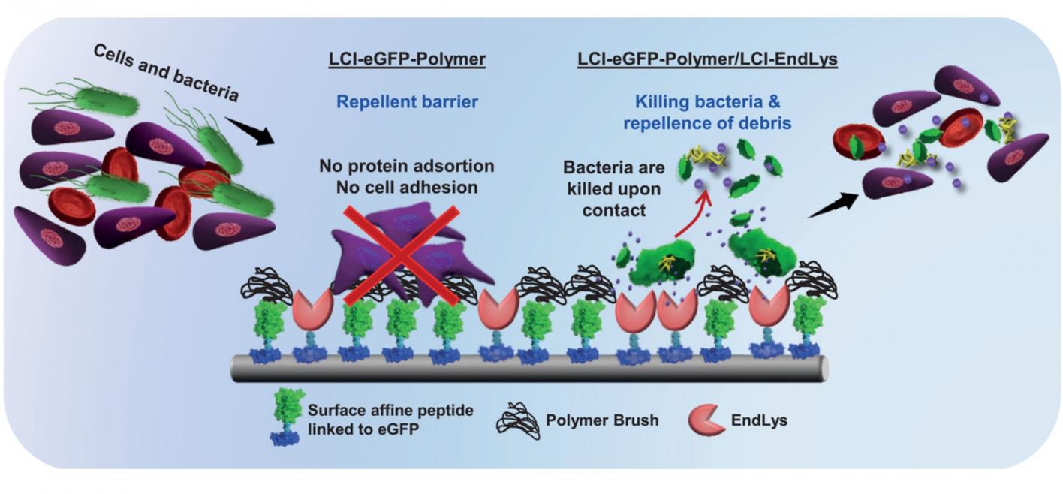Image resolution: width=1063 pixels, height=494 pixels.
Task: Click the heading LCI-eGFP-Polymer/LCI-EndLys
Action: coord(707,59)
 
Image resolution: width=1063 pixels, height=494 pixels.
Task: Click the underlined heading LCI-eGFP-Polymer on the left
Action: coord(407,59)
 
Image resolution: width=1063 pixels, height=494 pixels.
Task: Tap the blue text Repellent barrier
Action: coord(407,102)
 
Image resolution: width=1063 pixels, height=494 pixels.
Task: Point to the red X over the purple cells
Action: coord(402,255)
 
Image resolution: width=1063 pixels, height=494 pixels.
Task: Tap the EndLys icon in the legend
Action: coord(706,420)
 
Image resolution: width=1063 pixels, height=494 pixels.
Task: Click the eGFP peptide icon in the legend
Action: coord(286,417)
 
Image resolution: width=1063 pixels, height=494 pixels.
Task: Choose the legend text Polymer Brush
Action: coord(602,420)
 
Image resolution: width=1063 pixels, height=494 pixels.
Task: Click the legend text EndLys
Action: coord(759,420)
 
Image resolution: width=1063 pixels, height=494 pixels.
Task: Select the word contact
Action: coord(614,210)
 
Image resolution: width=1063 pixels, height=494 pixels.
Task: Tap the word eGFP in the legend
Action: coord(397,429)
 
